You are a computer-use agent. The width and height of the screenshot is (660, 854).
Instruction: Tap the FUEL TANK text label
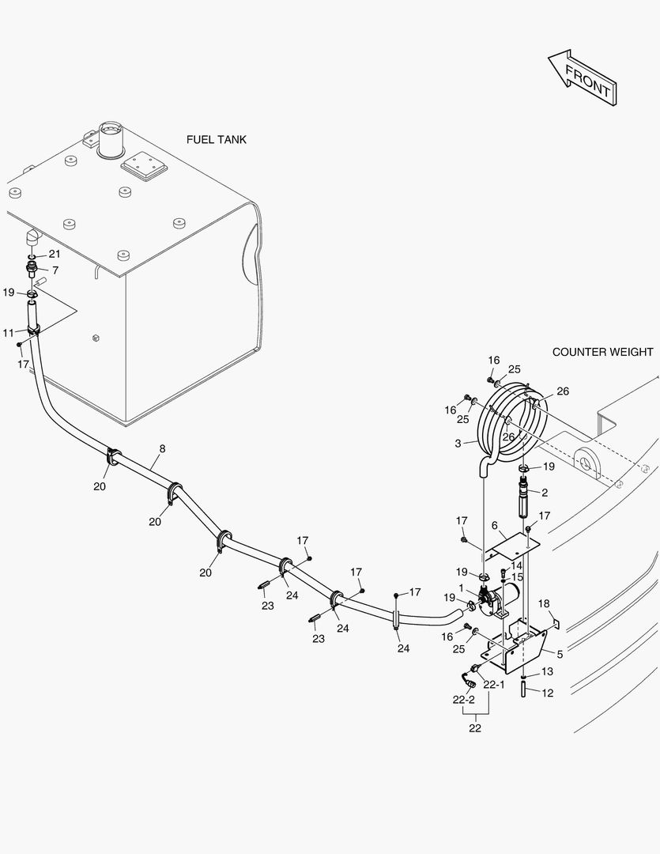point(216,140)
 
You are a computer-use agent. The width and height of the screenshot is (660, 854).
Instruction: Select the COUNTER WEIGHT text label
point(602,352)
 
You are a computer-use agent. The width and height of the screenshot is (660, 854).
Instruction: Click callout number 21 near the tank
point(55,254)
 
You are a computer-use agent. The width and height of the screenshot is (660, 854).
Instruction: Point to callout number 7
point(55,270)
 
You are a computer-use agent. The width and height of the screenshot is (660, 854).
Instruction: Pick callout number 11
point(8,333)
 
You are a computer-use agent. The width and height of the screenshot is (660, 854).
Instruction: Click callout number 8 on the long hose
point(162,449)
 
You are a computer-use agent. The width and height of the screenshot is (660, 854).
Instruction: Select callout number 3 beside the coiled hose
point(457,444)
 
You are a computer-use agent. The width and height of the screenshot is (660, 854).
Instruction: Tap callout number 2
point(544,492)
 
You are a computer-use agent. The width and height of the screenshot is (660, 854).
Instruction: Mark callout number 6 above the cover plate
point(494,526)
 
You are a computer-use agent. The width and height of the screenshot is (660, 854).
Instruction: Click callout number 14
point(516,565)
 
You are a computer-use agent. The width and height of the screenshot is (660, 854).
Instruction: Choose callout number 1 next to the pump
point(462,588)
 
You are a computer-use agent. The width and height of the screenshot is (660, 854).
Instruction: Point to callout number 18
point(543,604)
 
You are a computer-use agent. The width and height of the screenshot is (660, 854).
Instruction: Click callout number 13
point(547,671)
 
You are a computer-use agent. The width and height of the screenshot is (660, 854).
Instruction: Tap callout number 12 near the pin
point(547,693)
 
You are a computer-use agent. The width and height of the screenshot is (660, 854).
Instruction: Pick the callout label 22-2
point(463,700)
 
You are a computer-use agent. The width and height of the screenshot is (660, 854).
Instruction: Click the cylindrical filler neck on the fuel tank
point(108,139)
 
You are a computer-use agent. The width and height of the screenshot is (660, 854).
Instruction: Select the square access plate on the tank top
point(144,166)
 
